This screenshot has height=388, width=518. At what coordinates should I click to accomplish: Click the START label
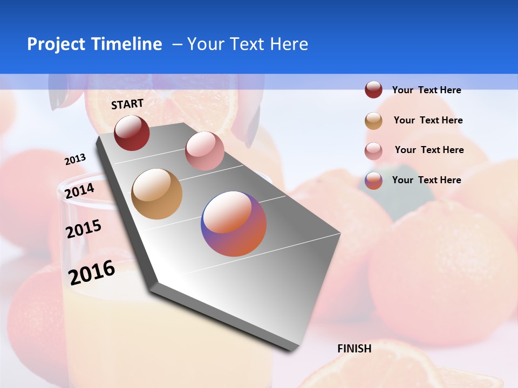(x=127, y=104)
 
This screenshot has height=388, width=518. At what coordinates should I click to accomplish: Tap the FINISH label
(x=355, y=349)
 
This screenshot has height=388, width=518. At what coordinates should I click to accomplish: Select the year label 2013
(x=75, y=160)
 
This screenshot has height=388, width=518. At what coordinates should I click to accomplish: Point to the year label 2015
(x=84, y=229)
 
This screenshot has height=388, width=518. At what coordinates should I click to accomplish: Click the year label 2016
(x=92, y=273)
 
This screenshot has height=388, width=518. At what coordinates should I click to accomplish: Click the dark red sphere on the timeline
(x=132, y=133)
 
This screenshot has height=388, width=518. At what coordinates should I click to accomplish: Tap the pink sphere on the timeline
(x=205, y=151)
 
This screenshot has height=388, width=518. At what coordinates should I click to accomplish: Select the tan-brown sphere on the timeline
(x=157, y=194)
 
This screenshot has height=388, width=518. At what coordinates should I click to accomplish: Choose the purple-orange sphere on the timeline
(x=234, y=224)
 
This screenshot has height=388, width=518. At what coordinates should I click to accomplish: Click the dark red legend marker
(x=373, y=90)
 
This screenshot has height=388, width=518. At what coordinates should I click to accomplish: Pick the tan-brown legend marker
(x=373, y=121)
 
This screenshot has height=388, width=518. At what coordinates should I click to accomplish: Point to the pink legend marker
(x=373, y=151)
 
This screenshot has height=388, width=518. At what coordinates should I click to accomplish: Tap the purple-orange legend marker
(x=373, y=181)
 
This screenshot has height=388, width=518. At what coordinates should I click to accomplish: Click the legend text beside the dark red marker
(x=427, y=90)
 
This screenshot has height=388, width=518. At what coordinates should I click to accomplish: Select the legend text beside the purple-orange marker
(x=427, y=180)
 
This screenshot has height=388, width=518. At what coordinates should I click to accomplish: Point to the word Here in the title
(x=289, y=44)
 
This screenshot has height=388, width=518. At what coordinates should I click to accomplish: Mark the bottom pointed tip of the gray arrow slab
(x=292, y=351)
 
